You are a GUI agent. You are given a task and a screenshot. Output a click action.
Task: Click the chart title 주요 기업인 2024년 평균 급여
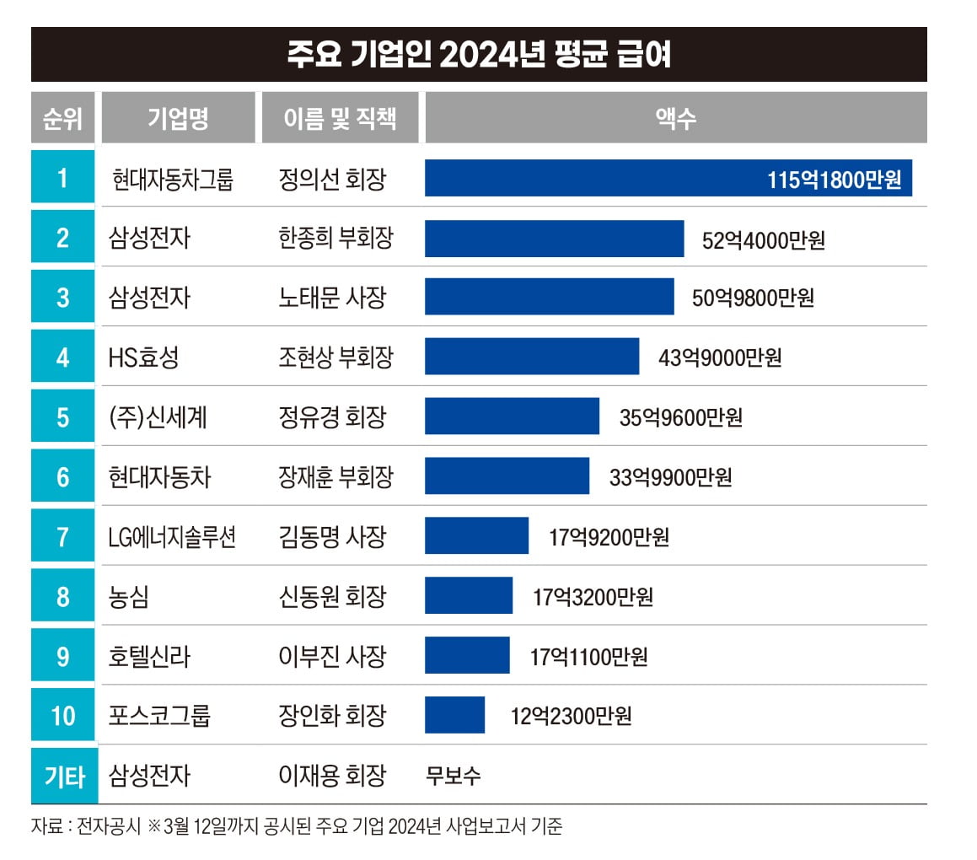479,55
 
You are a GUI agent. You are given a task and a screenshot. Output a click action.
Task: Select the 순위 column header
63,118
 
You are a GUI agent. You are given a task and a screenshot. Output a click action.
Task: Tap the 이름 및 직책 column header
340,118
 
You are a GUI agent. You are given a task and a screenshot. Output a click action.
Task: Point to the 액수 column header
675,118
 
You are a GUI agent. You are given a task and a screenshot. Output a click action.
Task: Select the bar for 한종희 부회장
554,239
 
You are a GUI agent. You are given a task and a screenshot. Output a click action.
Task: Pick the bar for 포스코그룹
454,715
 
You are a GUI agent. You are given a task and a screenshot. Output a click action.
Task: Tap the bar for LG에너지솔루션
476,536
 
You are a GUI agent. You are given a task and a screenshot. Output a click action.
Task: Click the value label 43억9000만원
720,357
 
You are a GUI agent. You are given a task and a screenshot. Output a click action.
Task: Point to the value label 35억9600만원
680,417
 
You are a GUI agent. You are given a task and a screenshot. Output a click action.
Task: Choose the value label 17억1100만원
588,656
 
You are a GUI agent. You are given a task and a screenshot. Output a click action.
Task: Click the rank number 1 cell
63,178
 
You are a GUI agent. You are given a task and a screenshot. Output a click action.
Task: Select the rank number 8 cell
63,596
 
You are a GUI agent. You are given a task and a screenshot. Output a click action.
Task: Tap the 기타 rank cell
63,776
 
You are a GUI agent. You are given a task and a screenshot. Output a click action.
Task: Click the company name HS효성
143,357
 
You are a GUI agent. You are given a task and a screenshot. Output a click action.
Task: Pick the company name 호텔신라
149,656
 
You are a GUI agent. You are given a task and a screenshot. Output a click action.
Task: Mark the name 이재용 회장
331,776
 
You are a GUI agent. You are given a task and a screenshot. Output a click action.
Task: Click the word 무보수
454,776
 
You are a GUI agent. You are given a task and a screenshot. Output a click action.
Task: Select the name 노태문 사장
331,298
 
